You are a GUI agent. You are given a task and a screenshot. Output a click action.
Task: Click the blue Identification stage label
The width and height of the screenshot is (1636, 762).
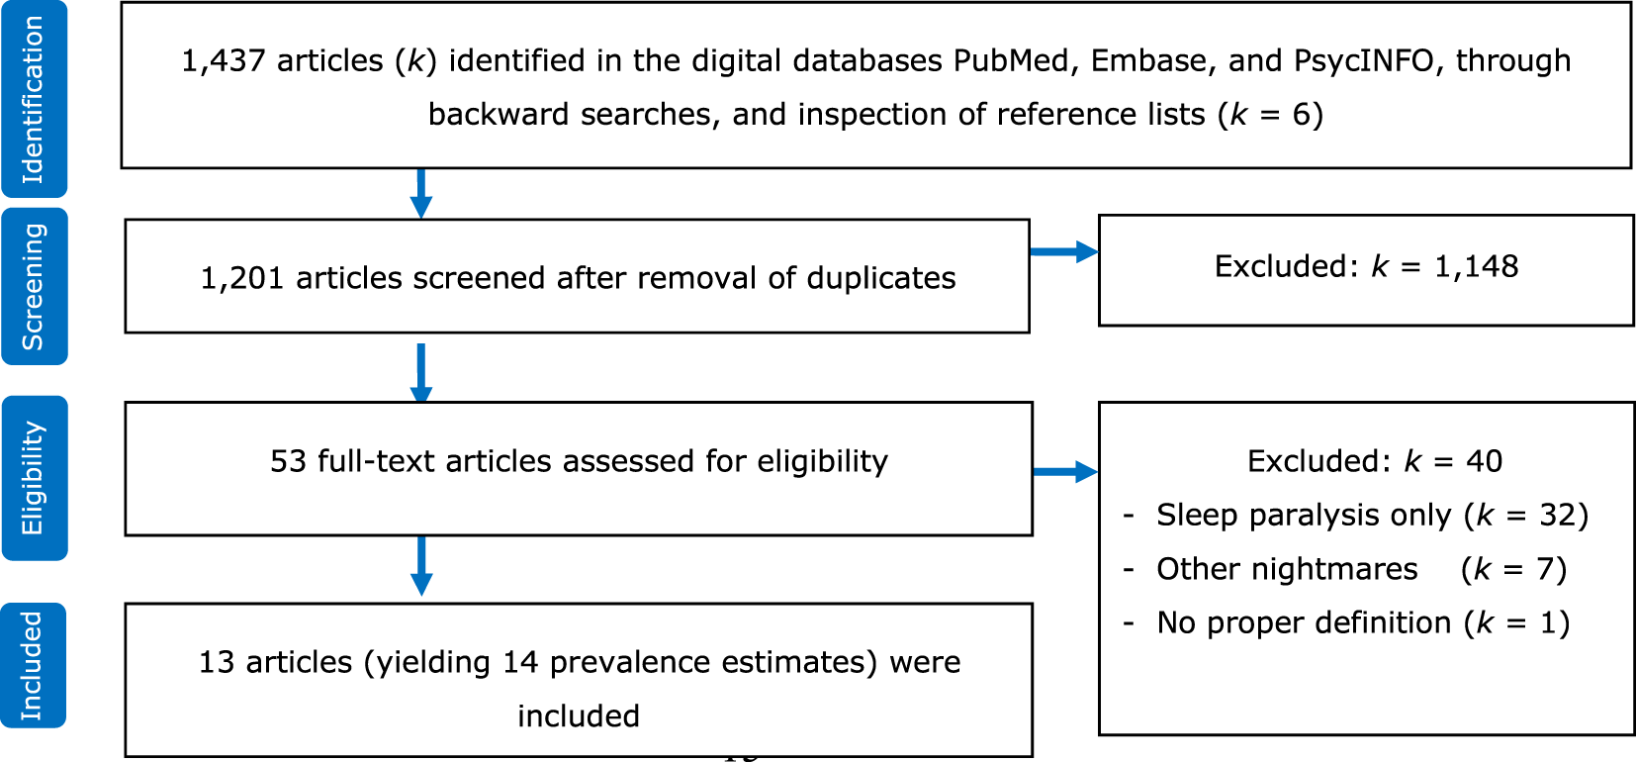point(34,99)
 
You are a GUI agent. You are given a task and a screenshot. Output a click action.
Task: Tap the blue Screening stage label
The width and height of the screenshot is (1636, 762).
point(34,287)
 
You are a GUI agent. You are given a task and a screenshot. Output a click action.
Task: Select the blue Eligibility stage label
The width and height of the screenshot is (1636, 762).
point(34,478)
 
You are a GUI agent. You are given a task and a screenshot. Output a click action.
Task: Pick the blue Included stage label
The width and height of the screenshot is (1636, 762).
point(34,665)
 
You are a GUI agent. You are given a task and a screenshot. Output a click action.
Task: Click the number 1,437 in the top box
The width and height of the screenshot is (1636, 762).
point(223,61)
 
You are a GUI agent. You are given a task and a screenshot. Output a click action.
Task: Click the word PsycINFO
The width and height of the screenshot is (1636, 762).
point(1364,61)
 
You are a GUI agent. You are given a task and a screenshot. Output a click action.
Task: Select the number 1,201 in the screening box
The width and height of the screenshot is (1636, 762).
point(242,278)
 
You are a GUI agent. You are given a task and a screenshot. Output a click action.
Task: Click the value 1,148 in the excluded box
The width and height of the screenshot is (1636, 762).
point(1476,266)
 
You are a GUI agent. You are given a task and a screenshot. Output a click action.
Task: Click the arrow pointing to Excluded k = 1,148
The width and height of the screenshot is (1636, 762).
point(1064,251)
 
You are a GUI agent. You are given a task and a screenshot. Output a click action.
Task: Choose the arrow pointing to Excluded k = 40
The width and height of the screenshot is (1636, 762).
point(1065,471)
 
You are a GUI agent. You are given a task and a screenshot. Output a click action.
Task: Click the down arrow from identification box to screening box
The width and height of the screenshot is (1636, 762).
point(421,194)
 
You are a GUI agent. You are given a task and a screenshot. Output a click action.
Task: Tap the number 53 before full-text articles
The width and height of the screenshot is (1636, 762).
point(288,461)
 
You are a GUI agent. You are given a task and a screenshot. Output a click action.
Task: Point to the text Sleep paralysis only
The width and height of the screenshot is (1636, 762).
point(1303,516)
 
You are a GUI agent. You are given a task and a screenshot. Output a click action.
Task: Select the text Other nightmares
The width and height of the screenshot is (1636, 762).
point(1287,569)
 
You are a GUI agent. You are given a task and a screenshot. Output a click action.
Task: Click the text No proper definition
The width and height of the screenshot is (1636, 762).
point(1304,622)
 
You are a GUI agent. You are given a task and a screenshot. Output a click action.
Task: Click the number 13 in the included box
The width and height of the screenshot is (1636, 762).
point(216,662)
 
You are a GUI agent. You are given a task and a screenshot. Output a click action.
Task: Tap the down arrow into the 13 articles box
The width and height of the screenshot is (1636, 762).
point(421,566)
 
